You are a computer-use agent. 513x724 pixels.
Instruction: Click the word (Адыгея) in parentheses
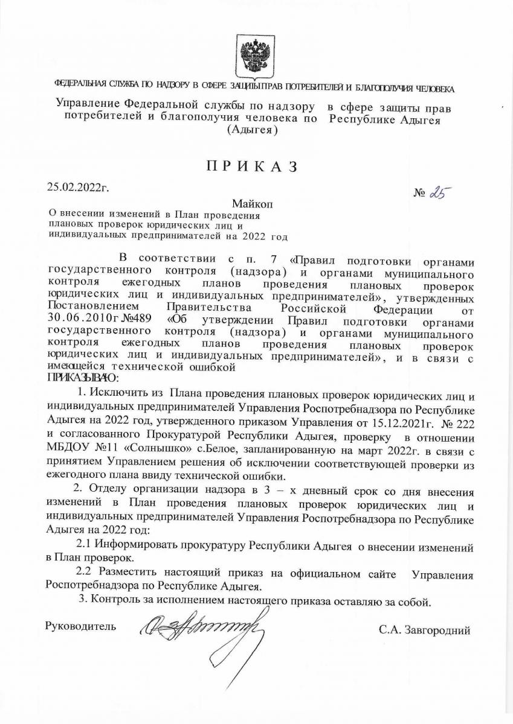pyautogui.click(x=252, y=130)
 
